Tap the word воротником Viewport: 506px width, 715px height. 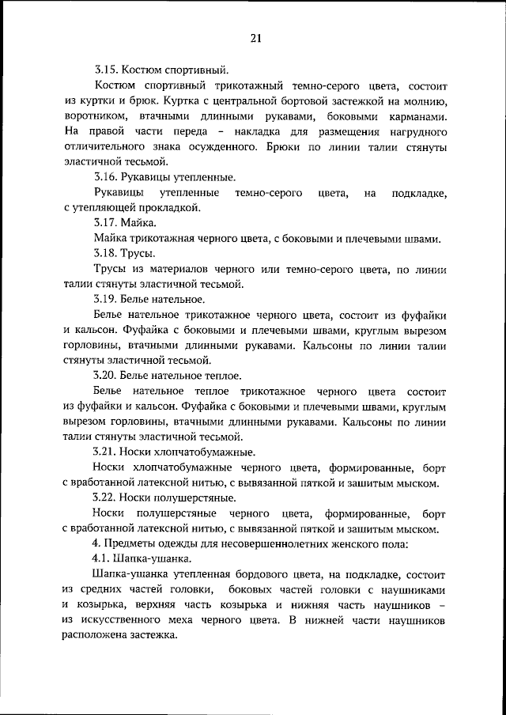coord(92,117)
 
